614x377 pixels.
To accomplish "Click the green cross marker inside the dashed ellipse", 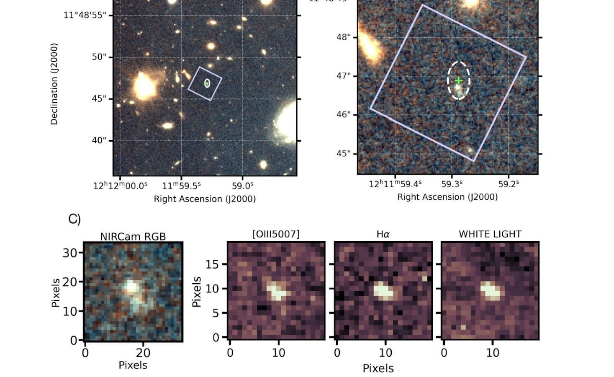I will point(459,80).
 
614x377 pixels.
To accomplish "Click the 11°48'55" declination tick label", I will point(82,16).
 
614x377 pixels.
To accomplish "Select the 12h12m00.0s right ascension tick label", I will point(121,186).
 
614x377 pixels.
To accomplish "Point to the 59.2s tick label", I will point(509,183).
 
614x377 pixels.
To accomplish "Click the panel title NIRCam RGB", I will point(133,236).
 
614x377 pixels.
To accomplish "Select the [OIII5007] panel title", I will point(276,234).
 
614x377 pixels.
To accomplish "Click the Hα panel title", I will point(383,234).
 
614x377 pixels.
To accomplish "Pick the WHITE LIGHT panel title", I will point(490,234).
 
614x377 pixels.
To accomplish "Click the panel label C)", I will point(75,219).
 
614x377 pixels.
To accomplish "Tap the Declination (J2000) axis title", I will point(54,84).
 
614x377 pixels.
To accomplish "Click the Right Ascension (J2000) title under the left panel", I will point(205,199).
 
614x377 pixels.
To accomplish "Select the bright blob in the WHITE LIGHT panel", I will point(491,290).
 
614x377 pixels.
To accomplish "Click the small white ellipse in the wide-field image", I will point(207,83).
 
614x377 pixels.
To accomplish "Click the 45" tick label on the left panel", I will point(99,99).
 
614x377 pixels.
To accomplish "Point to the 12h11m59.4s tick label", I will point(395,183).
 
